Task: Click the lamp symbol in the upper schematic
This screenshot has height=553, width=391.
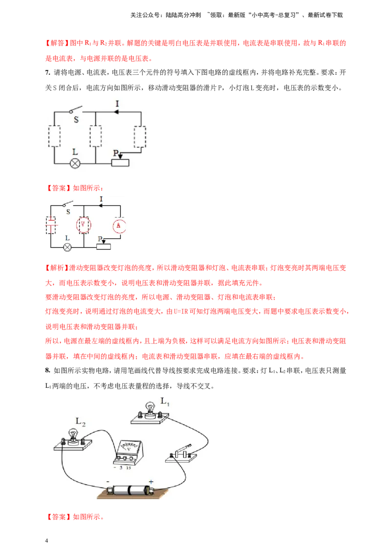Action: point(75,163)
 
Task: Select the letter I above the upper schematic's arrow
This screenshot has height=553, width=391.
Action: point(117,103)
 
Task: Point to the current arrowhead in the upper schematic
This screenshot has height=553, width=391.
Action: point(117,111)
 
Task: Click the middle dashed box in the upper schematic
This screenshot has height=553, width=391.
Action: point(96,136)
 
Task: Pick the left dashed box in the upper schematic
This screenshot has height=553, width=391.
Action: point(54,136)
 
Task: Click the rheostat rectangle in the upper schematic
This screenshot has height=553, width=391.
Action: point(120,162)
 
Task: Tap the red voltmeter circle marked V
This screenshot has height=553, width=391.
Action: point(84,224)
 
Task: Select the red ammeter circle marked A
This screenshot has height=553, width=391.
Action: point(117,225)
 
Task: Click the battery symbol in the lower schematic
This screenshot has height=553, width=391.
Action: point(51,225)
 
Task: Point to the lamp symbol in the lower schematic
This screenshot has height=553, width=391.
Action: point(68,247)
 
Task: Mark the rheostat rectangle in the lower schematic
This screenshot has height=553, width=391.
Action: point(105,246)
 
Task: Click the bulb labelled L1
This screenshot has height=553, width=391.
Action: point(150,409)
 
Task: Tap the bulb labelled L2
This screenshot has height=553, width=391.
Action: point(73,435)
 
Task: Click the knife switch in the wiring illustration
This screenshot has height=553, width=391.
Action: point(181,453)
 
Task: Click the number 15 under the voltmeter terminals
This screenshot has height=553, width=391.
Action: point(128,468)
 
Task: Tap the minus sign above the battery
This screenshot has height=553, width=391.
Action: point(108,481)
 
